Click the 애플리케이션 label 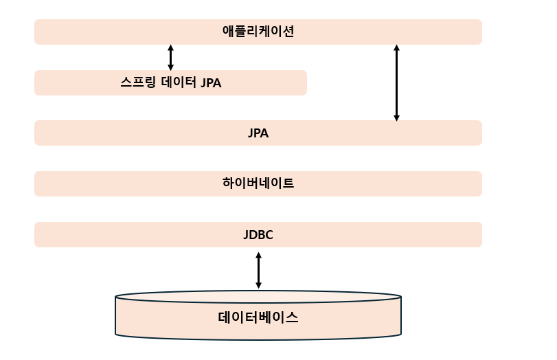(258, 32)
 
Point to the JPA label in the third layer (258, 133)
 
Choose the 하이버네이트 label (258, 183)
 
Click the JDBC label (258, 235)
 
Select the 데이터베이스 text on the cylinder (258, 318)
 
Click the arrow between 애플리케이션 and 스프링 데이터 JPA (170, 58)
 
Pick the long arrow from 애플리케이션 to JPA (396, 82)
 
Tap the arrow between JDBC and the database (258, 270)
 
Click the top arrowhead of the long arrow (396, 48)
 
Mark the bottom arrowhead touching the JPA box (396, 117)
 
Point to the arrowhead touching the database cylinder (258, 285)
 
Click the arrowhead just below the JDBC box (258, 255)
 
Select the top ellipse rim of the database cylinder (258, 293)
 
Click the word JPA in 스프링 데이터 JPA (211, 83)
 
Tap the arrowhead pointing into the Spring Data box (170, 67)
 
